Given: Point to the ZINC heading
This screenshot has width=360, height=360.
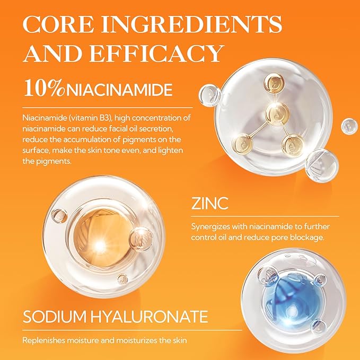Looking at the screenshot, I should [209, 203].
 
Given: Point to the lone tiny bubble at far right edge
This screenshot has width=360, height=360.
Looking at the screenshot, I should [348, 126].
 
